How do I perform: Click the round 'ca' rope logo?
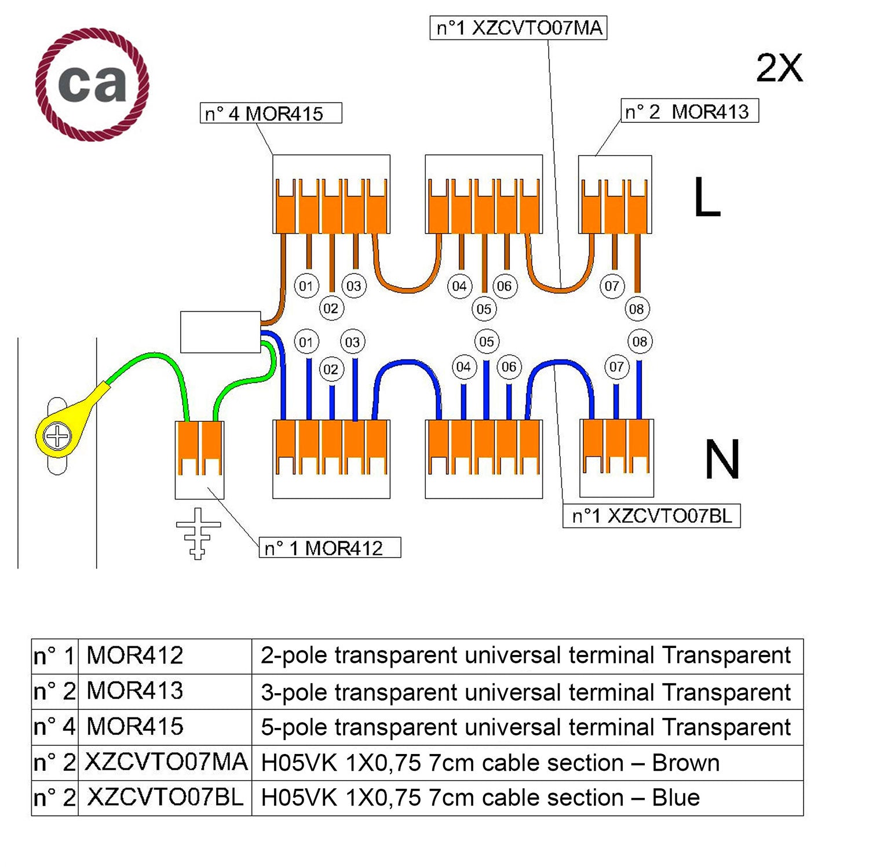(x=92, y=84)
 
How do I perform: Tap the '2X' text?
(x=779, y=68)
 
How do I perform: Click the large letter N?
(x=722, y=460)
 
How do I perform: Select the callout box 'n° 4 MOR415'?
(x=271, y=113)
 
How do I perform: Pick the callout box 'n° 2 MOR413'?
(x=689, y=111)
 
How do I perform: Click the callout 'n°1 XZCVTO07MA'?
(x=518, y=28)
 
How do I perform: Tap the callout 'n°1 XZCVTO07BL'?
(x=651, y=516)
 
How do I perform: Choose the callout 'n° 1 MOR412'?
(x=329, y=548)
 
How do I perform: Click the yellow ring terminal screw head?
(x=57, y=436)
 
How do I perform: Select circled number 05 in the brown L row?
(x=484, y=309)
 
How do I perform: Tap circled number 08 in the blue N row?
(x=640, y=341)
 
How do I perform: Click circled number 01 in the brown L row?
(x=306, y=286)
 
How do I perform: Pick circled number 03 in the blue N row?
(x=352, y=342)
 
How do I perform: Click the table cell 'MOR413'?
(x=135, y=691)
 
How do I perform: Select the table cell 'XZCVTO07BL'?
(x=165, y=798)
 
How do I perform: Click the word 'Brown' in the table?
(x=685, y=763)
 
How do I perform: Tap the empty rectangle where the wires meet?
(x=220, y=332)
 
